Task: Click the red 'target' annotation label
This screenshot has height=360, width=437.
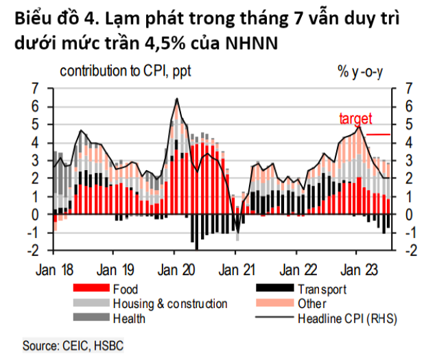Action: (355, 118)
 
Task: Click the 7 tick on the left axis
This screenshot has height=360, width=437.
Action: (43, 88)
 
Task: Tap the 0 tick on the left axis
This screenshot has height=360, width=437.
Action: (43, 215)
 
